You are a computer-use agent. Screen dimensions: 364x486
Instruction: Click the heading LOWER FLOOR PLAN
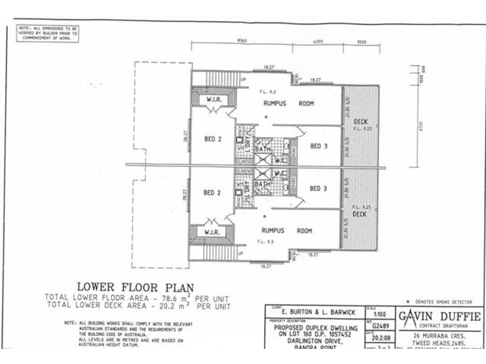[x=135, y=287]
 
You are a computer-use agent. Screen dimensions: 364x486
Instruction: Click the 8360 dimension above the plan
[x=242, y=41]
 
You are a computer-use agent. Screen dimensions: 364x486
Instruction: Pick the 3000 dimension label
[x=361, y=41]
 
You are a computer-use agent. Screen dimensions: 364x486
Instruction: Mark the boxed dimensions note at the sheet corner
[x=47, y=33]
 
